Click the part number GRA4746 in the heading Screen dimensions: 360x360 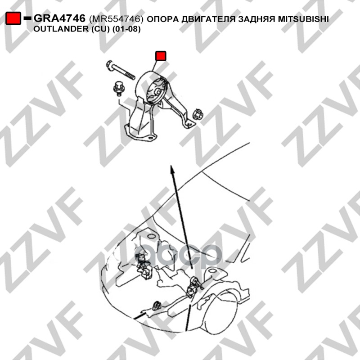click(x=60, y=18)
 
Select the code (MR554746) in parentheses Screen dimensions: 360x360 click(x=116, y=19)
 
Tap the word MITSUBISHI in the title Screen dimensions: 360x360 click(x=303, y=19)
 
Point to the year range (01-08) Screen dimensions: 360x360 click(x=126, y=29)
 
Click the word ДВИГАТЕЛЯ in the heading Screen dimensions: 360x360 click(x=208, y=19)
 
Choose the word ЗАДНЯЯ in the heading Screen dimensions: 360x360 click(x=256, y=19)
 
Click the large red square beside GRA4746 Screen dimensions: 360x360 click(x=13, y=18)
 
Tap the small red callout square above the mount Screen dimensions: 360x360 click(x=161, y=56)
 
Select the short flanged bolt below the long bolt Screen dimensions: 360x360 click(x=118, y=89)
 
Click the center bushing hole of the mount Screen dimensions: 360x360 click(x=158, y=91)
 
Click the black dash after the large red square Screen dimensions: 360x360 click(x=27, y=18)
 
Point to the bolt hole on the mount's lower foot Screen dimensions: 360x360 click(x=150, y=138)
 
